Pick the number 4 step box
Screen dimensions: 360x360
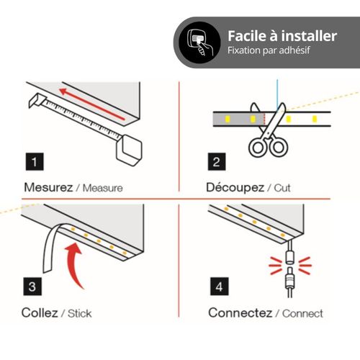215,287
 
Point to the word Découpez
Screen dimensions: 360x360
235,188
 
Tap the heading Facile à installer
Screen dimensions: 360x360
282,36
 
